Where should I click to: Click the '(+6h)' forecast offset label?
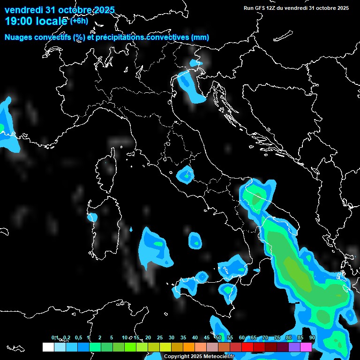[79, 21]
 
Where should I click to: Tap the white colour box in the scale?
[48, 347]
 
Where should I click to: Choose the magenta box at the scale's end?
[306, 347]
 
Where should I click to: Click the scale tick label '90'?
[312, 338]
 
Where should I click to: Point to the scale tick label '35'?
[183, 338]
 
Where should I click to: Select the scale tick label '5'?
[112, 338]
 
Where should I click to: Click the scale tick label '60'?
[242, 338]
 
